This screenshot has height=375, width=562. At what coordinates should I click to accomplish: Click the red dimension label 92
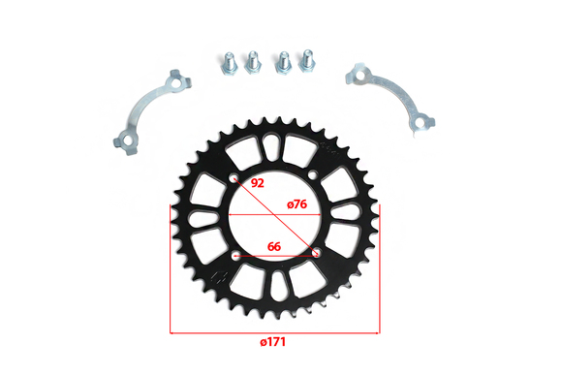pos(258,183)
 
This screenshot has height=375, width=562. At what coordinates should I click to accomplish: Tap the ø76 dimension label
pos(297,204)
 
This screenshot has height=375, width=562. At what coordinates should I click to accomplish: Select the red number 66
pos(274,247)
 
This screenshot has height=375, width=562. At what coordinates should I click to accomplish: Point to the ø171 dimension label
pos(273,342)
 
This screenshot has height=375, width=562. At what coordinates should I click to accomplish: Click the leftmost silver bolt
pos(228,63)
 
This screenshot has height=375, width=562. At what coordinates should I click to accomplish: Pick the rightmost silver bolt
pos(307,61)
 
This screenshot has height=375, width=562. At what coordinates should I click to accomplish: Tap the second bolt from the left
pos(253,61)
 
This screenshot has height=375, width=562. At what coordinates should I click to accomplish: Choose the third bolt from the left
pos(283,62)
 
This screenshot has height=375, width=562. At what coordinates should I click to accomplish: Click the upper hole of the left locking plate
pos(176,82)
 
